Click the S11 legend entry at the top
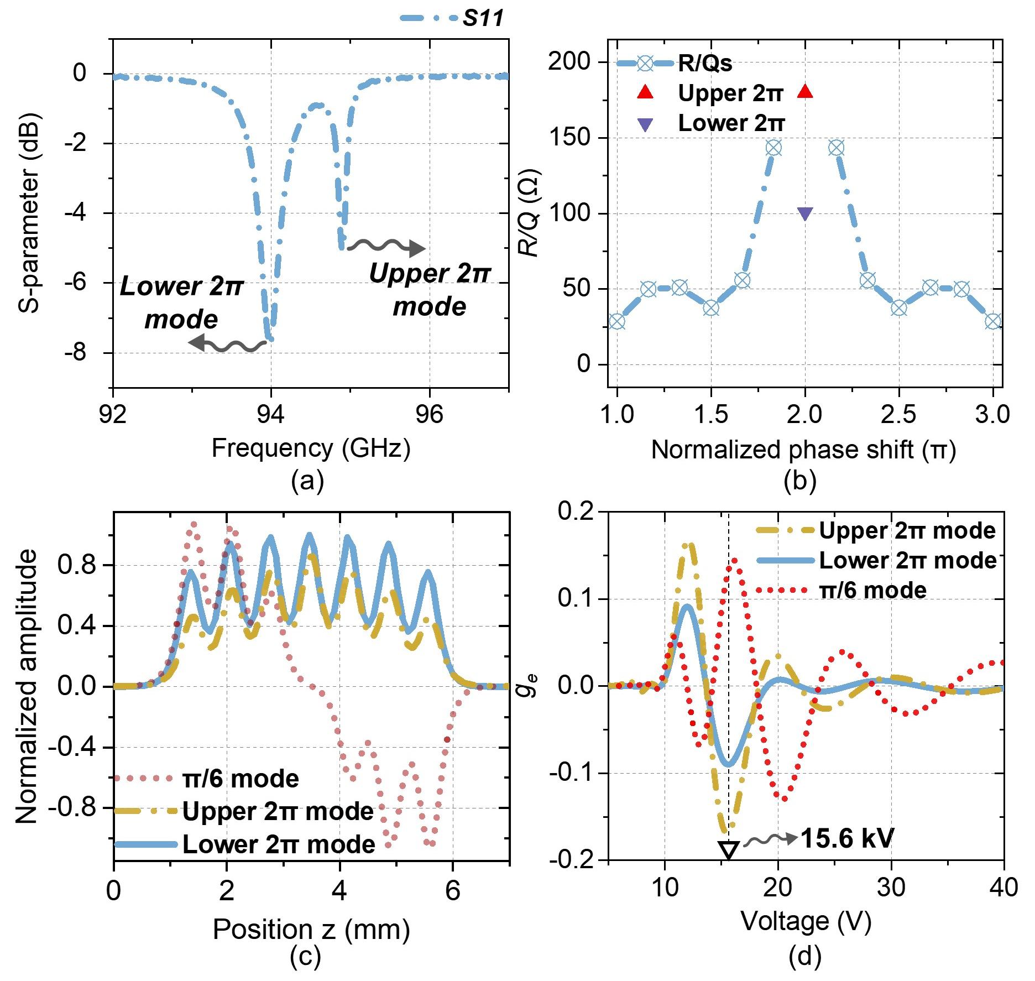click(452, 18)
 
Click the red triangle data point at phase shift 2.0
click(805, 92)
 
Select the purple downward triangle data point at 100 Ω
click(805, 214)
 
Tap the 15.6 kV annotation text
click(846, 839)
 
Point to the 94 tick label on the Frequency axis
click(271, 415)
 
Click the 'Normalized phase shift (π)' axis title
click(804, 450)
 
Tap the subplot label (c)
click(305, 957)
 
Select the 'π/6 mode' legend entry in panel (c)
click(207, 779)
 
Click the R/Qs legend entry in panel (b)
click(675, 64)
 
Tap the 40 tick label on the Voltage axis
click(1003, 888)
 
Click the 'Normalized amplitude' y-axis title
click(27, 686)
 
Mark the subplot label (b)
click(799, 480)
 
